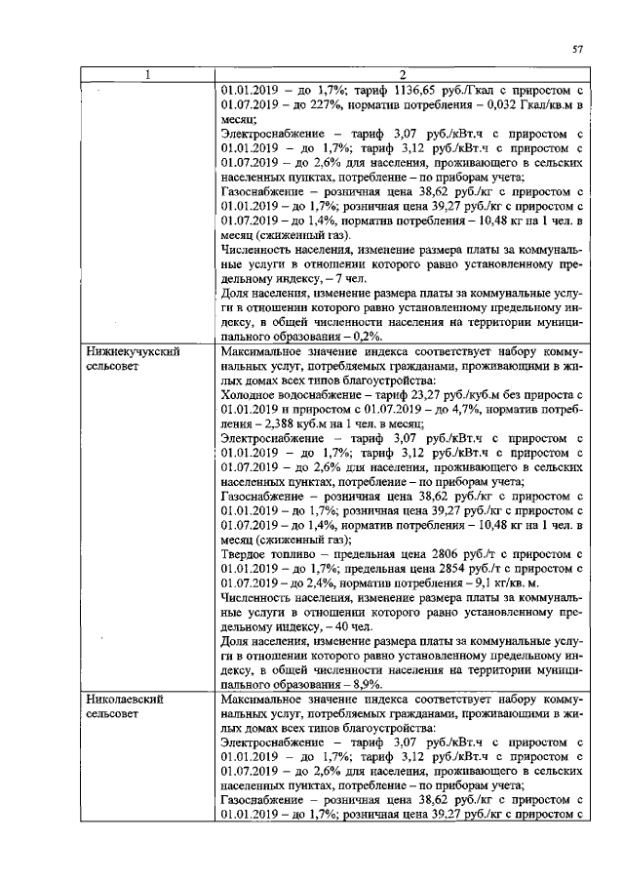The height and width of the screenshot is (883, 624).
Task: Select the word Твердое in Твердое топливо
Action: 247,554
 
